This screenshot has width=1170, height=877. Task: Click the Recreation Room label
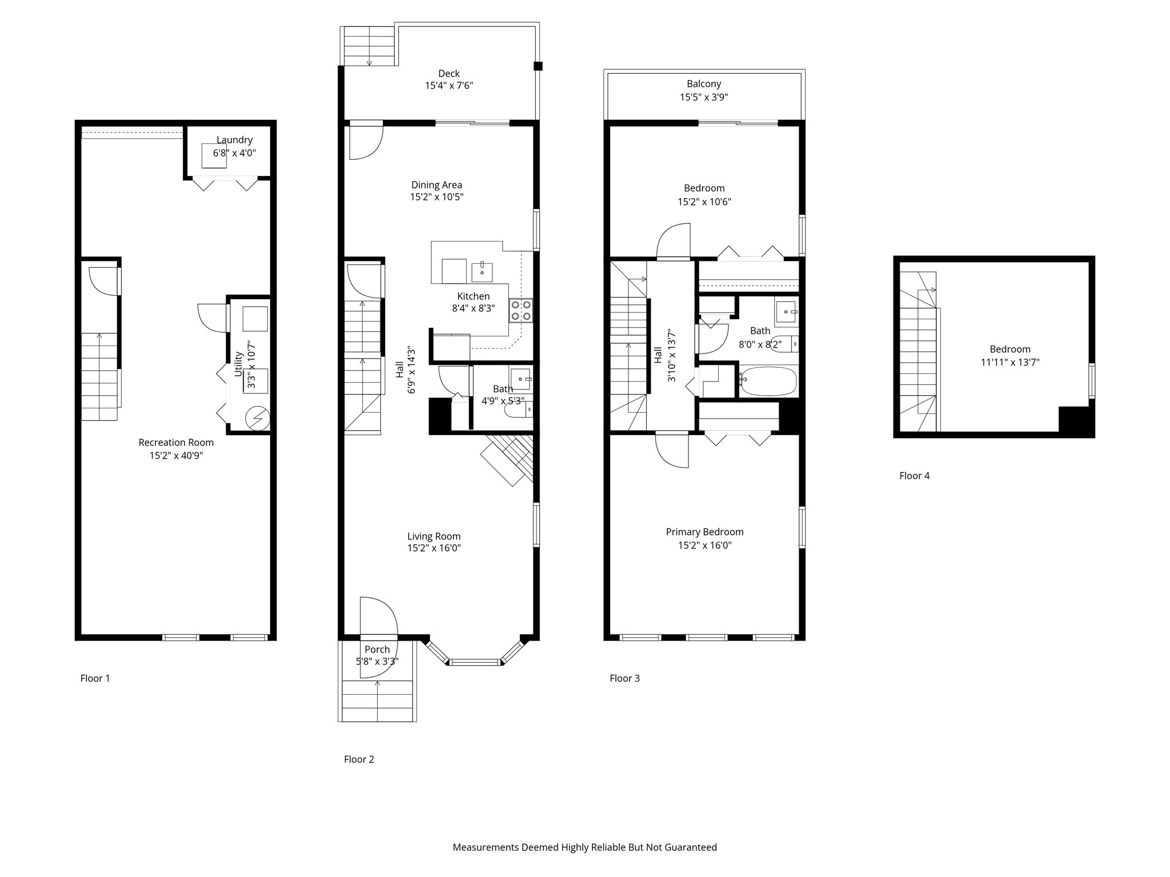176,442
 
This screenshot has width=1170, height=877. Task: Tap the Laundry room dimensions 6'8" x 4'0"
234,153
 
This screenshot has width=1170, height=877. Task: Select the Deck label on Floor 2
449,73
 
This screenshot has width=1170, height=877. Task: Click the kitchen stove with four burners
521,311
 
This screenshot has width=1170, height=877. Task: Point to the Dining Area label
436,185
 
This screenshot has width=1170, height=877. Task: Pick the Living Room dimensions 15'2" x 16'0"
434,548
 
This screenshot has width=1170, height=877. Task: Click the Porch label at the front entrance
377,649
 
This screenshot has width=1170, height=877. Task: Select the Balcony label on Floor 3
704,84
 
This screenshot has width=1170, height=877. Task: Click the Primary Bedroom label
704,532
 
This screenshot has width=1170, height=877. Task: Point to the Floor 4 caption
914,476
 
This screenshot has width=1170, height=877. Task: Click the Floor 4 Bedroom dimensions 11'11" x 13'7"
1010,362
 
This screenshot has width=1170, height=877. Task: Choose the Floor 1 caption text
95,678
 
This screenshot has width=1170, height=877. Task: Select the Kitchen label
473,296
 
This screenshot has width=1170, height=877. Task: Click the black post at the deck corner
538,66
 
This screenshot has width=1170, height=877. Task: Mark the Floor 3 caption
624,678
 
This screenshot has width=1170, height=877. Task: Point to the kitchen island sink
482,272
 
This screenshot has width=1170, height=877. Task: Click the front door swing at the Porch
378,637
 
